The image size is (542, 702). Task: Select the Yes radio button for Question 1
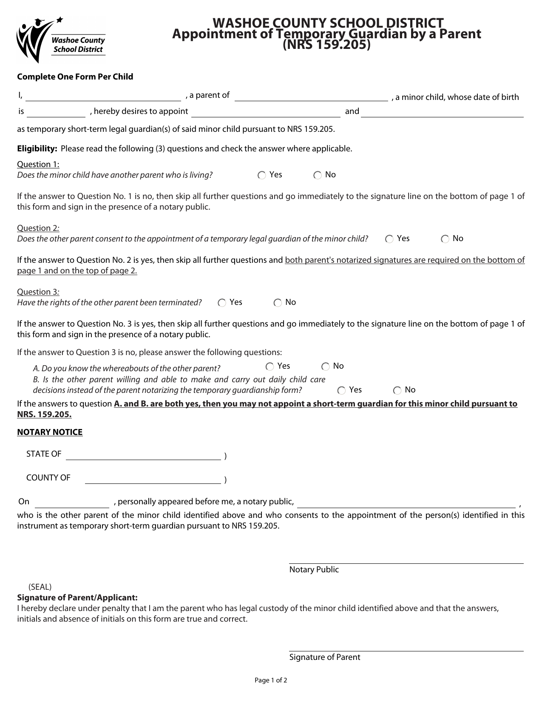pyautogui.click(x=262, y=176)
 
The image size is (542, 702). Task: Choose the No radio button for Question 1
pyautogui.click(x=318, y=176)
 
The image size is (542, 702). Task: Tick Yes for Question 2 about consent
pyautogui.click(x=389, y=239)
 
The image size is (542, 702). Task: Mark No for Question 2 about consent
pyautogui.click(x=445, y=239)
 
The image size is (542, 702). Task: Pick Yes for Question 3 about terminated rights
pyautogui.click(x=222, y=303)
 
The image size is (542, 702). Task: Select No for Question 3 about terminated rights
pyautogui.click(x=278, y=303)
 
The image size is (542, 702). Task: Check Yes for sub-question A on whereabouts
pyautogui.click(x=270, y=367)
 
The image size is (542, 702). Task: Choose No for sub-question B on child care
pyautogui.click(x=397, y=391)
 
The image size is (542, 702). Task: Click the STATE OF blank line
pyautogui.click(x=143, y=456)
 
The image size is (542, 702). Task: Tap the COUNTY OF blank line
pyautogui.click(x=153, y=480)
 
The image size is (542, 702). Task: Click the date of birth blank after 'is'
pyautogui.click(x=56, y=113)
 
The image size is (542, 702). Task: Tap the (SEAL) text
pyautogui.click(x=40, y=587)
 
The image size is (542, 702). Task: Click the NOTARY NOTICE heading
pyautogui.click(x=50, y=432)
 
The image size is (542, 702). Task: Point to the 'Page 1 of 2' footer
pyautogui.click(x=271, y=680)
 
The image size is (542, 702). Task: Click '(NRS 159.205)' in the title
pyautogui.click(x=326, y=45)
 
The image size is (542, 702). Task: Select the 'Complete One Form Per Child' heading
pyautogui.click(x=75, y=77)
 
